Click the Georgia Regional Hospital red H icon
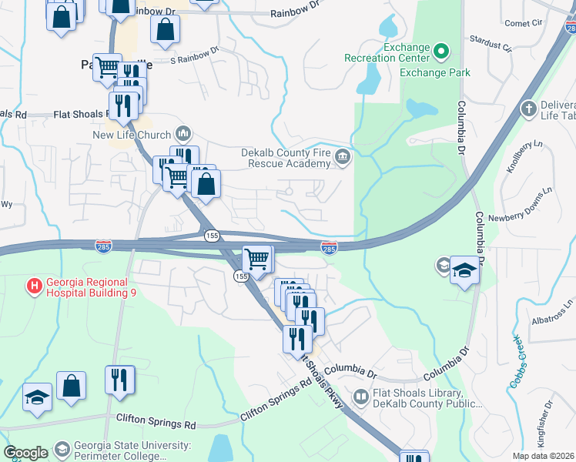tap(35, 286)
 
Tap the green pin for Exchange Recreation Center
tap(441, 52)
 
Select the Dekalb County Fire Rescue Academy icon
tap(343, 159)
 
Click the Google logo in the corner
tap(25, 453)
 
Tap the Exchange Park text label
tap(434, 72)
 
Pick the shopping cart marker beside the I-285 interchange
tap(256, 258)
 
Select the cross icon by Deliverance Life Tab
tap(528, 109)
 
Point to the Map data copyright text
tap(543, 456)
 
